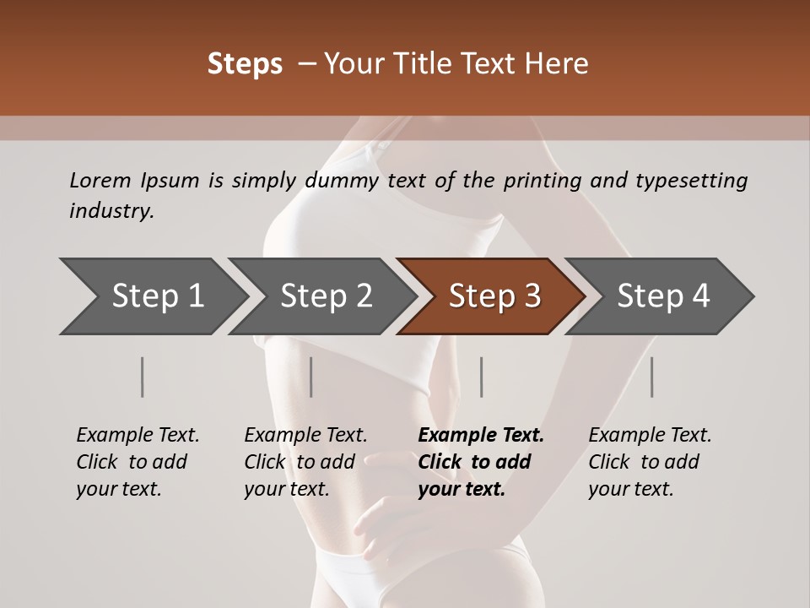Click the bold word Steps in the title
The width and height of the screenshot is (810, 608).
click(x=245, y=64)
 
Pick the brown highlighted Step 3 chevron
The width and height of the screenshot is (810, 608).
click(x=492, y=296)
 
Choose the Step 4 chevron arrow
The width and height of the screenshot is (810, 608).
click(x=661, y=296)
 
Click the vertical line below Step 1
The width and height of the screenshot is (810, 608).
click(x=143, y=377)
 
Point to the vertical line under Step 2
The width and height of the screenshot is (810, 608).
click(x=311, y=377)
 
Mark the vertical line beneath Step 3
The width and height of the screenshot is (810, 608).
click(x=482, y=377)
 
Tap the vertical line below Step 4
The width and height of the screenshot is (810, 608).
click(x=652, y=377)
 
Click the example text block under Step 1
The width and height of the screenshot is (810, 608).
click(x=138, y=462)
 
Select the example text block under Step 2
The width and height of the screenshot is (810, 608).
click(x=305, y=462)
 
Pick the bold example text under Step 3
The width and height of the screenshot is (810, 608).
click(x=481, y=462)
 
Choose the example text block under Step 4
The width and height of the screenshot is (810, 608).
click(x=650, y=462)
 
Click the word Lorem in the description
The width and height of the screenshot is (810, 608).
click(x=100, y=180)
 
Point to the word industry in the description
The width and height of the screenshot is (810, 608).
click(x=111, y=211)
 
